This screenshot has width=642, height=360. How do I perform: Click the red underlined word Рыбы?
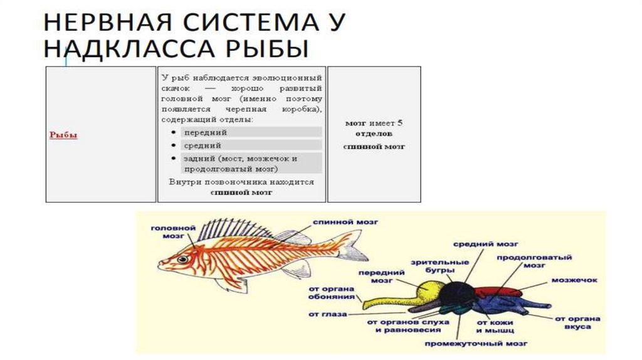pyautogui.click(x=63, y=135)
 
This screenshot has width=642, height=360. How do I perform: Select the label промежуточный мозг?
pyautogui.click(x=476, y=344)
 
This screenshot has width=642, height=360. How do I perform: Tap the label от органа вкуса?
pyautogui.click(x=577, y=322)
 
